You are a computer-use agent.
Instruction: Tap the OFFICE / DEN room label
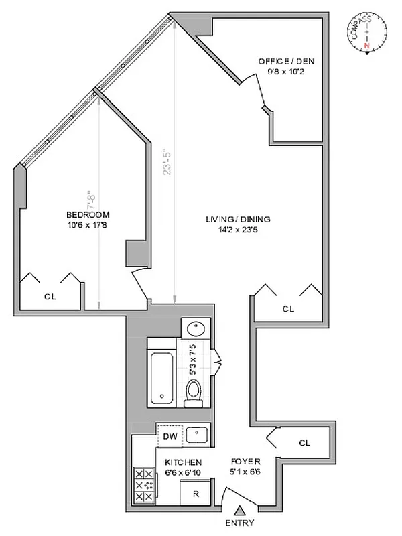coord(286,62)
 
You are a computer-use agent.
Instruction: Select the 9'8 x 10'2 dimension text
coord(286,72)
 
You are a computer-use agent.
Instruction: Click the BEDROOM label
coord(88,214)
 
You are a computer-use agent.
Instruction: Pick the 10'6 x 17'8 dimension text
coord(88,224)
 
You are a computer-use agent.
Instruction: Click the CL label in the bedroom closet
coord(50,295)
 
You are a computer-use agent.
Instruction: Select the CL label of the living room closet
coord(288,309)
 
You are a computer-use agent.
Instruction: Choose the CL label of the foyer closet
coord(305,442)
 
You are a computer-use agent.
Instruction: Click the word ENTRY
coord(239,523)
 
